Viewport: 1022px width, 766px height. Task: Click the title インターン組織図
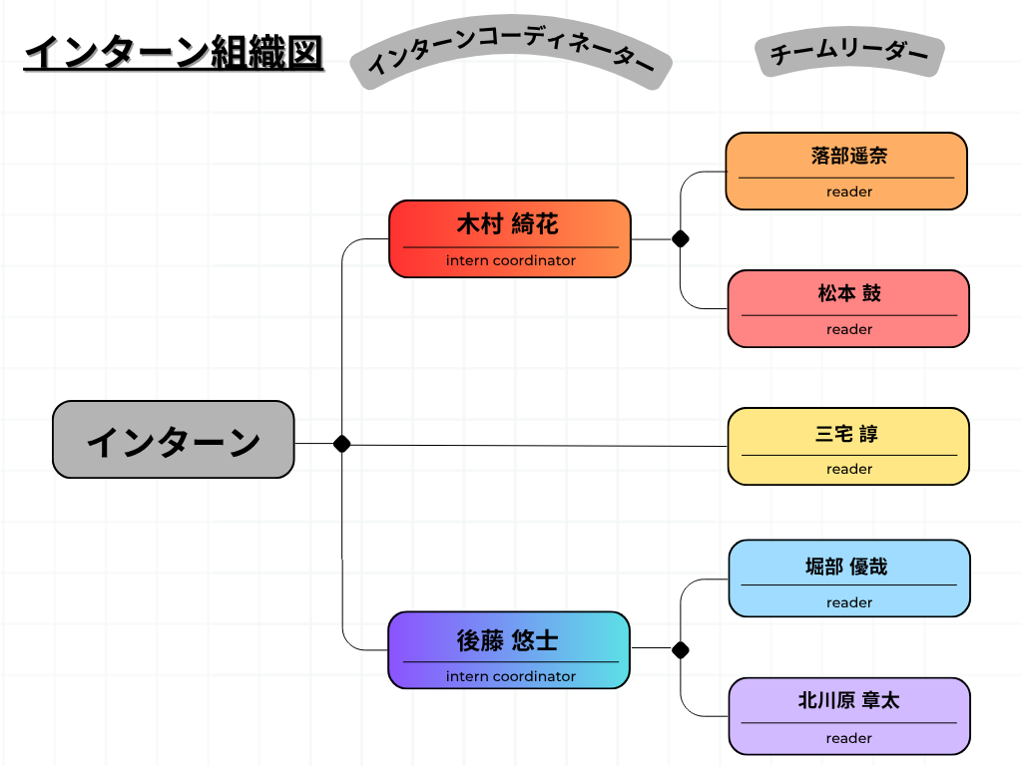173,53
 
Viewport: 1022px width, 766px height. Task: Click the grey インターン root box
174,440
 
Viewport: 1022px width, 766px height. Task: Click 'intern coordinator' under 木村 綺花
510,260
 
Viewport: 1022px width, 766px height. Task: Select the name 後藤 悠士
507,640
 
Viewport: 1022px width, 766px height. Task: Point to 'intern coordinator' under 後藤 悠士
510,676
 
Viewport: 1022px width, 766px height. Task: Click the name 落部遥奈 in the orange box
848,156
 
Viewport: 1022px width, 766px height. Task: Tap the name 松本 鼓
849,293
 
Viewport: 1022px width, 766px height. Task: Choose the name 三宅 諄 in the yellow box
847,434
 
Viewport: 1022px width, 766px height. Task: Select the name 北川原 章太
848,700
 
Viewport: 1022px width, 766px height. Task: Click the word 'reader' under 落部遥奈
849,191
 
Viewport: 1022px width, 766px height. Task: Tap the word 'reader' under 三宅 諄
849,469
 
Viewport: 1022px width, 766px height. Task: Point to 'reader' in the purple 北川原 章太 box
849,738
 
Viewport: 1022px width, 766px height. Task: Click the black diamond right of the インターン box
341,444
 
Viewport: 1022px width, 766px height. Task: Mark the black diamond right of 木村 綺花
681,238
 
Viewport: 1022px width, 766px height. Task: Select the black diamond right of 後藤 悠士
681,650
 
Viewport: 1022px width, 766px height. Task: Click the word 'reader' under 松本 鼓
849,329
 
